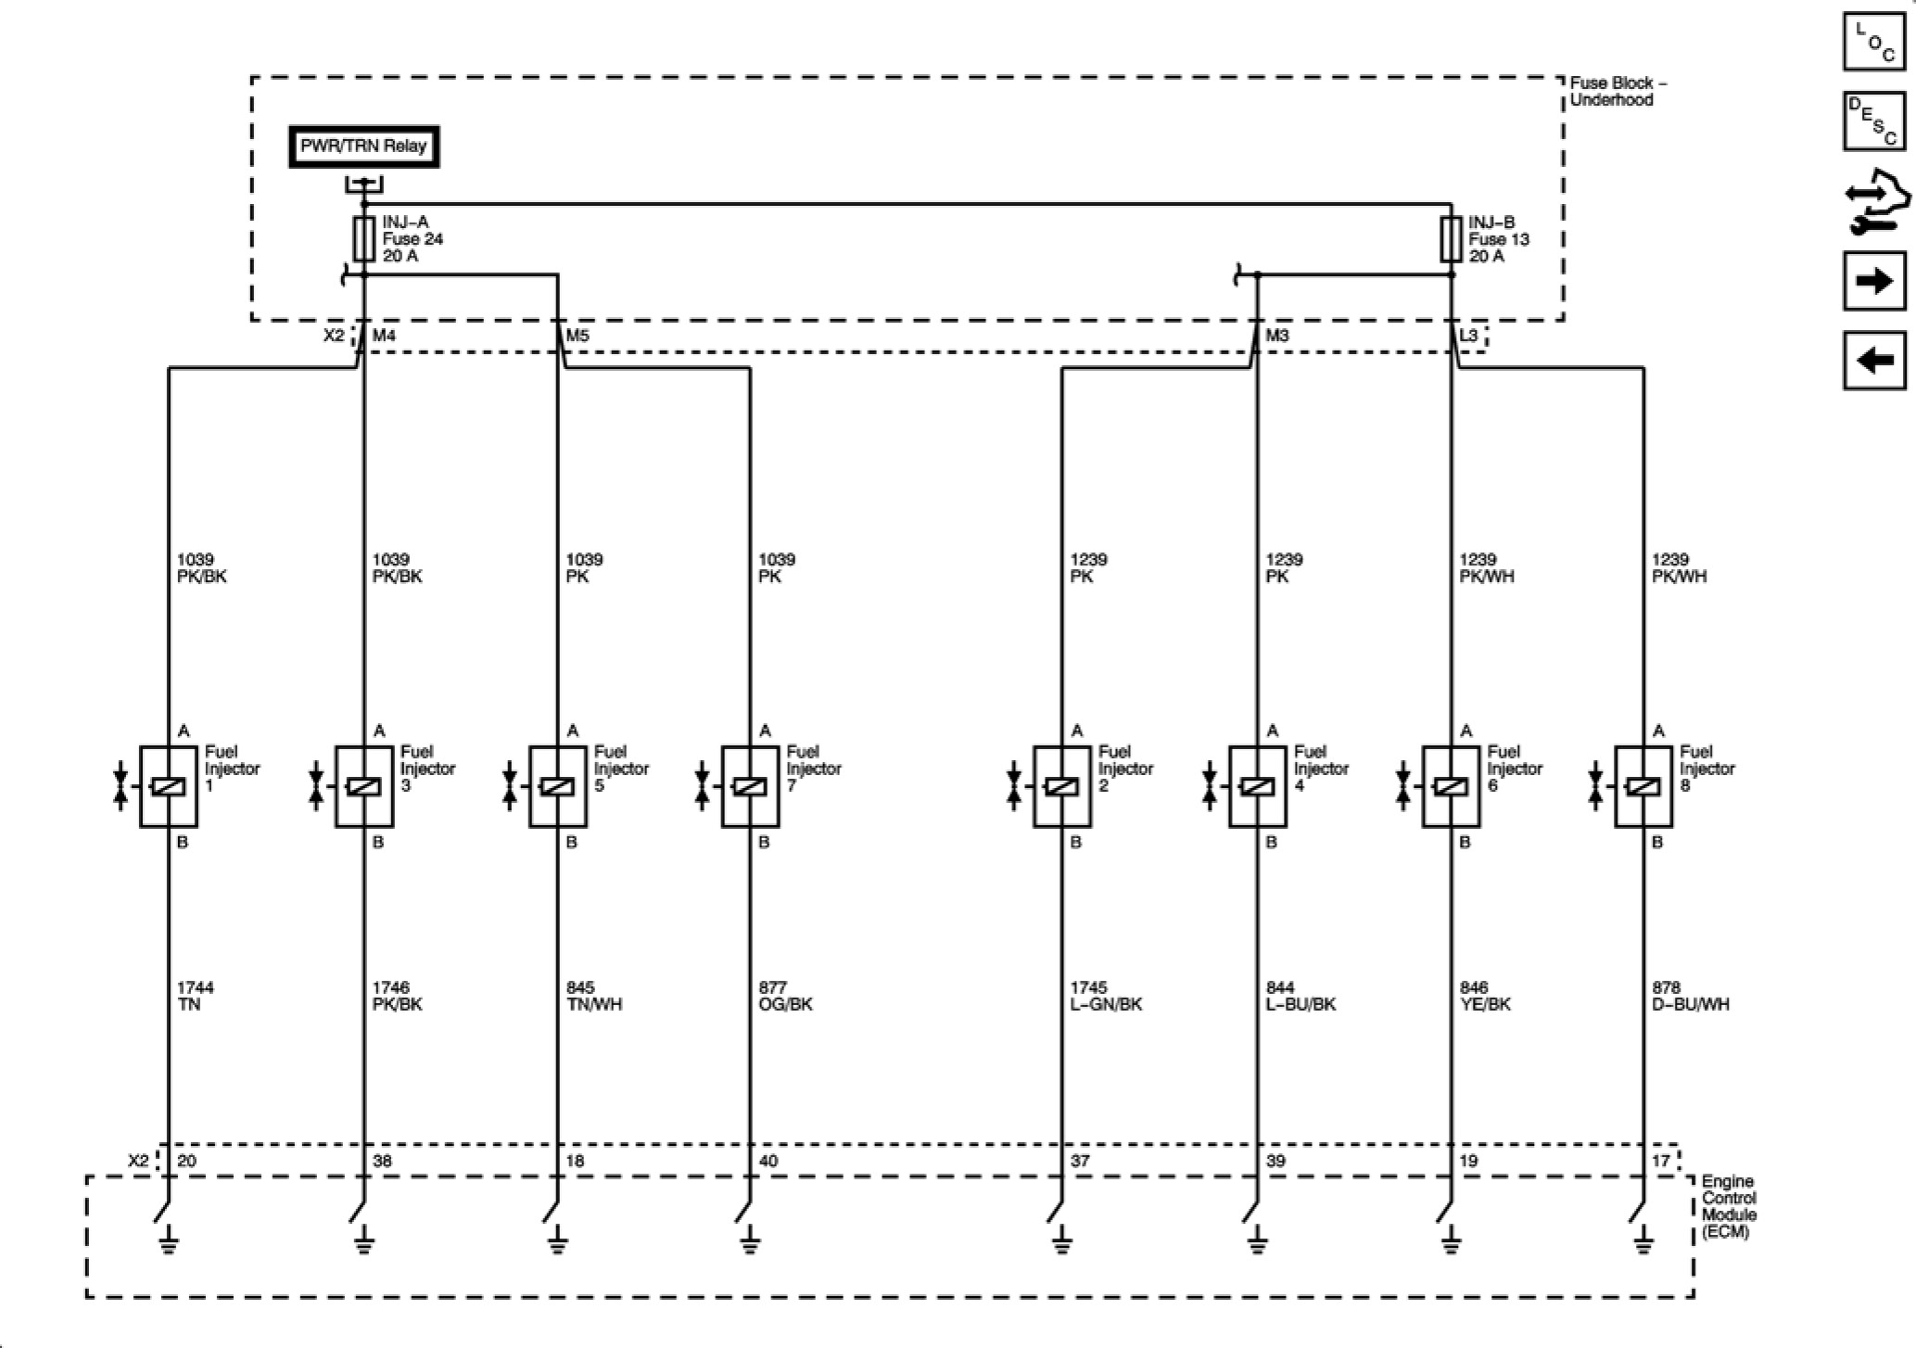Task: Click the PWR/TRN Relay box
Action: point(363,146)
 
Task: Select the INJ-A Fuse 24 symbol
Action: point(363,239)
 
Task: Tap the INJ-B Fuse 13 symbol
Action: point(1451,239)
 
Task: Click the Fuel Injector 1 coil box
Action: point(168,786)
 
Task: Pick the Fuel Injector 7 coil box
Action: point(750,786)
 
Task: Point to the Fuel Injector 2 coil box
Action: point(1062,786)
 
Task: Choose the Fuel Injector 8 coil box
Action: point(1643,786)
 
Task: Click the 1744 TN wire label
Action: point(195,996)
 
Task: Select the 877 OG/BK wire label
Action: point(784,996)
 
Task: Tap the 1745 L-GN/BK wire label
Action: point(1105,996)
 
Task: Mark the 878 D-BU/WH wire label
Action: point(1690,996)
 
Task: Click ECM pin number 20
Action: point(186,1161)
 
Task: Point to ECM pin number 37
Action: point(1080,1161)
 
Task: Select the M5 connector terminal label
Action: point(577,336)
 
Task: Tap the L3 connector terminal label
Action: point(1468,335)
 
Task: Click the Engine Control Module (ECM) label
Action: point(1729,1207)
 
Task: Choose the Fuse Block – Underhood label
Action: point(1618,91)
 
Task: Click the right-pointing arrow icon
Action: point(1874,280)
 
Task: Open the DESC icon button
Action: point(1874,121)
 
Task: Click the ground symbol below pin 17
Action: point(1643,1240)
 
